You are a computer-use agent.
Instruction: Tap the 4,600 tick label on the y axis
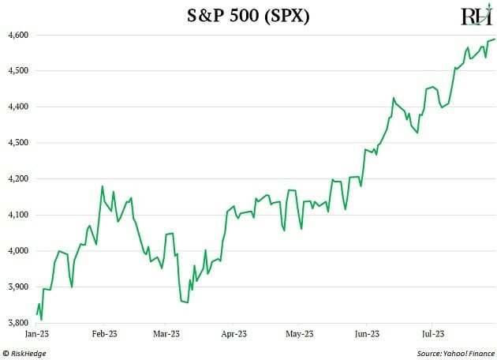[x=17, y=36]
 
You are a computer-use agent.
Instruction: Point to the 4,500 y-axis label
[x=17, y=71]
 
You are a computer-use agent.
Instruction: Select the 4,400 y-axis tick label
[x=17, y=107]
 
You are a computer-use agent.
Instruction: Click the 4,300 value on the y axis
[x=17, y=143]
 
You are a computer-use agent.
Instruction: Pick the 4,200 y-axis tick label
[x=17, y=179]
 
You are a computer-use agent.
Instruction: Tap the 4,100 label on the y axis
[x=17, y=215]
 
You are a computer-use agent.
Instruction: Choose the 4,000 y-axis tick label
[x=17, y=251]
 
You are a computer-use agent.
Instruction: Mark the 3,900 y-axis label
[x=17, y=287]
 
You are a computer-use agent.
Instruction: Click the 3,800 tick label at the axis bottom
[x=17, y=323]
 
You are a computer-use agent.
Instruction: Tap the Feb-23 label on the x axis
[x=104, y=334]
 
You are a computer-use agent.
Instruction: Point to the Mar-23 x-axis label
[x=165, y=334]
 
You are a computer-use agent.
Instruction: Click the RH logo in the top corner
[x=476, y=17]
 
